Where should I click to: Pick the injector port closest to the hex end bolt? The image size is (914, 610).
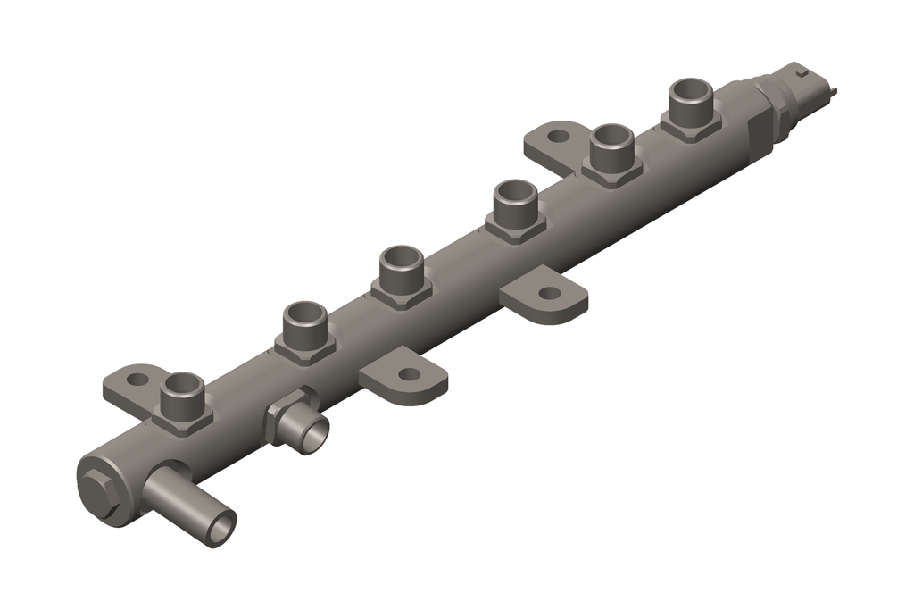click(183, 386)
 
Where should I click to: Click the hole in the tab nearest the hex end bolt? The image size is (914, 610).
click(136, 380)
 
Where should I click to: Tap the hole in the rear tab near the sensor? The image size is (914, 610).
click(558, 137)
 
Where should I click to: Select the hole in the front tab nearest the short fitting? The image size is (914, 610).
click(408, 375)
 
